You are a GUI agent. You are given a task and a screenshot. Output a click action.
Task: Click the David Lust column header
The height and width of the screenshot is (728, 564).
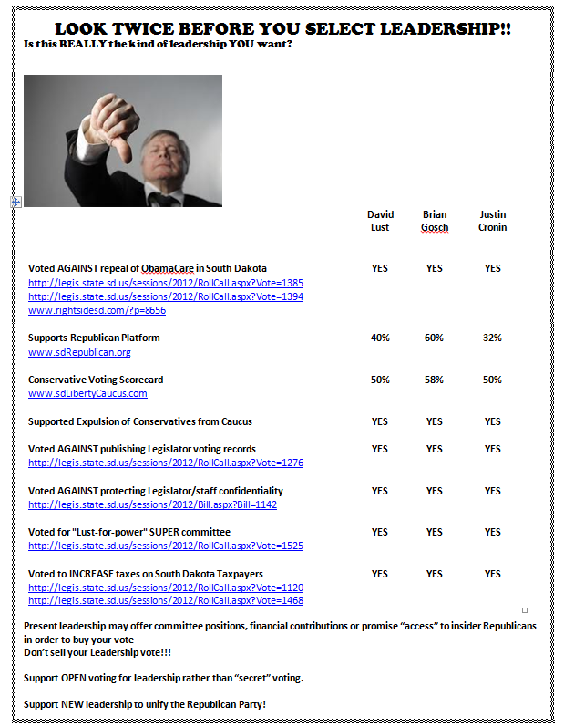(380, 221)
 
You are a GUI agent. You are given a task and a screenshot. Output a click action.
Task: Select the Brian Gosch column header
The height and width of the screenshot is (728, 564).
(435, 221)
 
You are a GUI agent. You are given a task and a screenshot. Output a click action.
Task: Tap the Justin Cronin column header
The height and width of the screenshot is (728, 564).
(492, 221)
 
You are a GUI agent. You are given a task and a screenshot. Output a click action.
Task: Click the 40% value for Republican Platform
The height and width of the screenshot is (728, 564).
(380, 338)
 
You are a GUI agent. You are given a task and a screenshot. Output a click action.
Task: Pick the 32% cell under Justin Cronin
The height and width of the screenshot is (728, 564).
(492, 338)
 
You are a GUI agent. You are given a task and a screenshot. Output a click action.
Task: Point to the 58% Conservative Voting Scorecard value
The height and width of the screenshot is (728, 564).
(435, 380)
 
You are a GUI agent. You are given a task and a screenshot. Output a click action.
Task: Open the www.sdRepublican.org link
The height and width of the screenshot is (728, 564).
(79, 352)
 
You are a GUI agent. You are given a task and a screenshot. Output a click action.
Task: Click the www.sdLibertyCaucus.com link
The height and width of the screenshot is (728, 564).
(87, 393)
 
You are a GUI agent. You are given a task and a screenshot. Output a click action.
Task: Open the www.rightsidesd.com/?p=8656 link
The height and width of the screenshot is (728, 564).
(97, 310)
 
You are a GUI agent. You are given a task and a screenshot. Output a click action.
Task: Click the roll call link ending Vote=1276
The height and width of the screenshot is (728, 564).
(166, 463)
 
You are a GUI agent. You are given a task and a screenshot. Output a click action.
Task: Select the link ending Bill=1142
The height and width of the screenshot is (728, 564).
(152, 504)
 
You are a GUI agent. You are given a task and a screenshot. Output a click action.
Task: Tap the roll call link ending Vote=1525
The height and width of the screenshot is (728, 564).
(166, 546)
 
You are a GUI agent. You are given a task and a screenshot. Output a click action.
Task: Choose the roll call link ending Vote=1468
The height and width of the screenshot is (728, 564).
(166, 600)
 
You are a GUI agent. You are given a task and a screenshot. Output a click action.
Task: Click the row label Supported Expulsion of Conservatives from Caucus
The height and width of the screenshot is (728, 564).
(140, 421)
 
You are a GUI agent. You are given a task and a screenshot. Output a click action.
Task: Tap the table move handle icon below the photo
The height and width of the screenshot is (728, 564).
(15, 202)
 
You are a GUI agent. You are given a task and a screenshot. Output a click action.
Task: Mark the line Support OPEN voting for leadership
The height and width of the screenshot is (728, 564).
(163, 678)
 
